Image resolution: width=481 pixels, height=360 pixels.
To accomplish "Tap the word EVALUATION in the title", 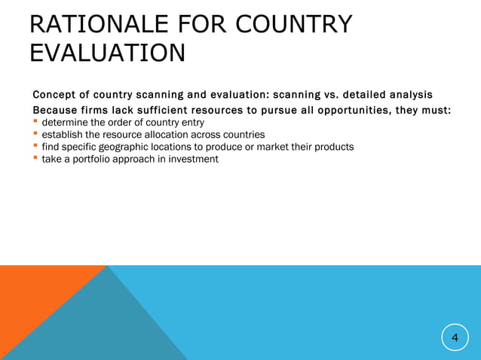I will pyautogui.click(x=107, y=54).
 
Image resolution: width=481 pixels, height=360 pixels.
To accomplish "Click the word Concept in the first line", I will pyautogui.click(x=55, y=95).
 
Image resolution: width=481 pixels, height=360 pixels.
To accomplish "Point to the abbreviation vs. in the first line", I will pyautogui.click(x=326, y=95).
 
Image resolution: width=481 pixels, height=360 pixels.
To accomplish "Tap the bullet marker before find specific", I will pyautogui.click(x=35, y=147).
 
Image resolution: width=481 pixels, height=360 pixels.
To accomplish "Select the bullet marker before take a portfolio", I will pyautogui.click(x=35, y=159).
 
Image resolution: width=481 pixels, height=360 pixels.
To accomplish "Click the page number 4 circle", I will pyautogui.click(x=455, y=338).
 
